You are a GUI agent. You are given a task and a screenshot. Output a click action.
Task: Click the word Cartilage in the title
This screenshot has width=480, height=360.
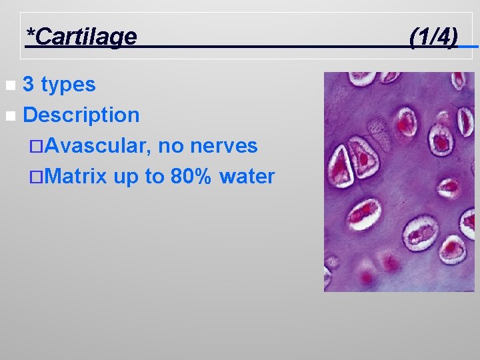[x=85, y=37]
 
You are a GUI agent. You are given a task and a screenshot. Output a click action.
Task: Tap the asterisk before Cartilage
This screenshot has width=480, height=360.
[x=29, y=33]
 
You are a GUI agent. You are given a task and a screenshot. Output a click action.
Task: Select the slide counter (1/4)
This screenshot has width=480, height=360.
[x=433, y=37]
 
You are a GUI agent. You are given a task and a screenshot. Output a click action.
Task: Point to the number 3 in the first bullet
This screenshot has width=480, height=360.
[x=29, y=85]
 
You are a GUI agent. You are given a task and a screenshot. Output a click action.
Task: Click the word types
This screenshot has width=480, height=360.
[x=68, y=85]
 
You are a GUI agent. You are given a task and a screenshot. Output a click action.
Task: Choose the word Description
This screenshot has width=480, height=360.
[x=81, y=115]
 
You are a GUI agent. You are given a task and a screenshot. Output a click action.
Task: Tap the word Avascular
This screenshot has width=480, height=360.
[x=98, y=146]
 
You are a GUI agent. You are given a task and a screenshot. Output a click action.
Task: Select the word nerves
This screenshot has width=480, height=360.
[x=225, y=146]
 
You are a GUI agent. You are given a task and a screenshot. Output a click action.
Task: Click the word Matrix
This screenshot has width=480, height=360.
[x=77, y=177]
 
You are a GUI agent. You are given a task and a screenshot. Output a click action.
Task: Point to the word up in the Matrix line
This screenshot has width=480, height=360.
[x=123, y=177]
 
